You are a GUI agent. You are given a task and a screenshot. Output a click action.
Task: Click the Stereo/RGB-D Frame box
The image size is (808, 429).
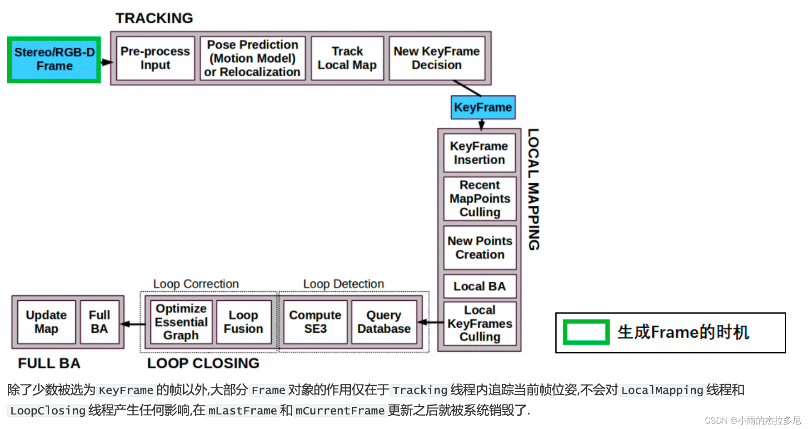point(54,60)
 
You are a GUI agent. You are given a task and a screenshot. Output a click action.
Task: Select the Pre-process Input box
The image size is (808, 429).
point(155,58)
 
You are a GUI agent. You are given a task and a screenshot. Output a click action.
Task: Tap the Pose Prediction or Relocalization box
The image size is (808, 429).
point(253,58)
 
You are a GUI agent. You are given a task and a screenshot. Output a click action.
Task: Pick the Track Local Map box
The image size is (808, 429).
point(347,58)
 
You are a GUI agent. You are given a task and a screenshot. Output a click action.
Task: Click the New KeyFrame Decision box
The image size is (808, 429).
point(437,58)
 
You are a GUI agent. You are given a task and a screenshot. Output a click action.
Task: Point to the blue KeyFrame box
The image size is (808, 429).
point(483,107)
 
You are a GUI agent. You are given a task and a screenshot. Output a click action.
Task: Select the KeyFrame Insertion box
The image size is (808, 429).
point(479,153)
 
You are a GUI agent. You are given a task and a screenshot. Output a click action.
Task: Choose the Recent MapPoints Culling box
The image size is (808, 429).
point(480,199)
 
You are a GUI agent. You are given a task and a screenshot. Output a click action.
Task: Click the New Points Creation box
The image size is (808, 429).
point(480,248)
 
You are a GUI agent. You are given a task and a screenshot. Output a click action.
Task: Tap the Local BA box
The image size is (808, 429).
point(480,286)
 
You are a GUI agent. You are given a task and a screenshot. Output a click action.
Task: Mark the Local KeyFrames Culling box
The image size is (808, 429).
point(480,323)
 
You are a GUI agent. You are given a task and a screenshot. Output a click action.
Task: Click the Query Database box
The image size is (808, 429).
point(384,322)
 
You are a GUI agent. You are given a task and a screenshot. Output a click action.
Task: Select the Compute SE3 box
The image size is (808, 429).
point(315,322)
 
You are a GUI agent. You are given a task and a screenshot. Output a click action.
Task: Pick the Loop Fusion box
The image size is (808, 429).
point(244,322)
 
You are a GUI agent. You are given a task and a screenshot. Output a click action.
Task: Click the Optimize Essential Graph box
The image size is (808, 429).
point(181,322)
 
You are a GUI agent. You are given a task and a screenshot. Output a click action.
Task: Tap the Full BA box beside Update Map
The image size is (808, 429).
point(100,322)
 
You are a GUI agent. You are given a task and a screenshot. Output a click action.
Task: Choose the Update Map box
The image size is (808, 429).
point(46,322)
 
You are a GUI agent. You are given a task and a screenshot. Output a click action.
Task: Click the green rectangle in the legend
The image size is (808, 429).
point(586,332)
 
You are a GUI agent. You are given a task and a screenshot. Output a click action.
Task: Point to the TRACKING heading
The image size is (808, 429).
point(154,18)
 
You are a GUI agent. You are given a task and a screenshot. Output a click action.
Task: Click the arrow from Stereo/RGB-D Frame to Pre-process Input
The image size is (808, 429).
point(106,62)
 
